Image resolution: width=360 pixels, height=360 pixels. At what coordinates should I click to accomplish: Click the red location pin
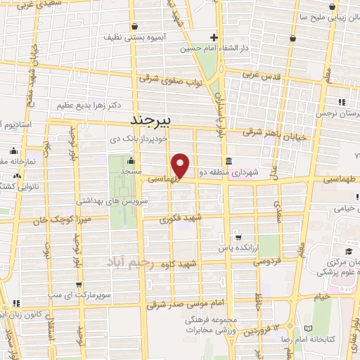click(x=181, y=165)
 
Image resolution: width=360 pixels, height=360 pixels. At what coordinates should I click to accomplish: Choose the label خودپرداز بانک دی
click(x=144, y=139)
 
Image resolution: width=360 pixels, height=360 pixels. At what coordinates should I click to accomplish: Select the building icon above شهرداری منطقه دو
click(x=231, y=161)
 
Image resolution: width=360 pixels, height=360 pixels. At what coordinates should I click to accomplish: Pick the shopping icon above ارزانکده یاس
click(x=240, y=238)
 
